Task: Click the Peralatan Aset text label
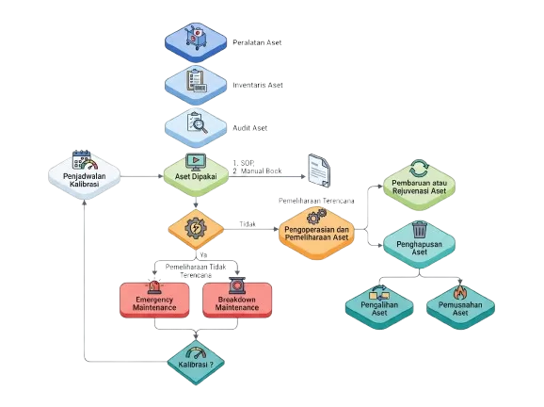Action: click(x=257, y=42)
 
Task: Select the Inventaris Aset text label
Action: click(x=258, y=85)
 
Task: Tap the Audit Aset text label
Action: click(x=249, y=128)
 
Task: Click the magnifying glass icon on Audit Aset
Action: click(x=200, y=125)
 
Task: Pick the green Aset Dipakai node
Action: click(x=196, y=176)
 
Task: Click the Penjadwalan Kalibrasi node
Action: click(x=85, y=176)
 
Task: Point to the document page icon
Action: click(x=319, y=171)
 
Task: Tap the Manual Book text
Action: click(x=261, y=171)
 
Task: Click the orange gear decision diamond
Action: click(x=196, y=229)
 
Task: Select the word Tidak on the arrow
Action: click(x=248, y=224)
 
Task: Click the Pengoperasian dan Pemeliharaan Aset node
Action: click(x=316, y=233)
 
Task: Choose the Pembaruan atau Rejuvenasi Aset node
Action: click(x=419, y=186)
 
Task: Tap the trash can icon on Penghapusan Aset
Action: click(x=420, y=230)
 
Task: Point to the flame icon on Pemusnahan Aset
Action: click(x=460, y=292)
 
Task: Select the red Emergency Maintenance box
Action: click(x=154, y=300)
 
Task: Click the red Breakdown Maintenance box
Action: click(x=237, y=300)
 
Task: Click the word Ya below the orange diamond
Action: click(x=203, y=255)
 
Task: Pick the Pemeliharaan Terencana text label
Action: click(x=316, y=201)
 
